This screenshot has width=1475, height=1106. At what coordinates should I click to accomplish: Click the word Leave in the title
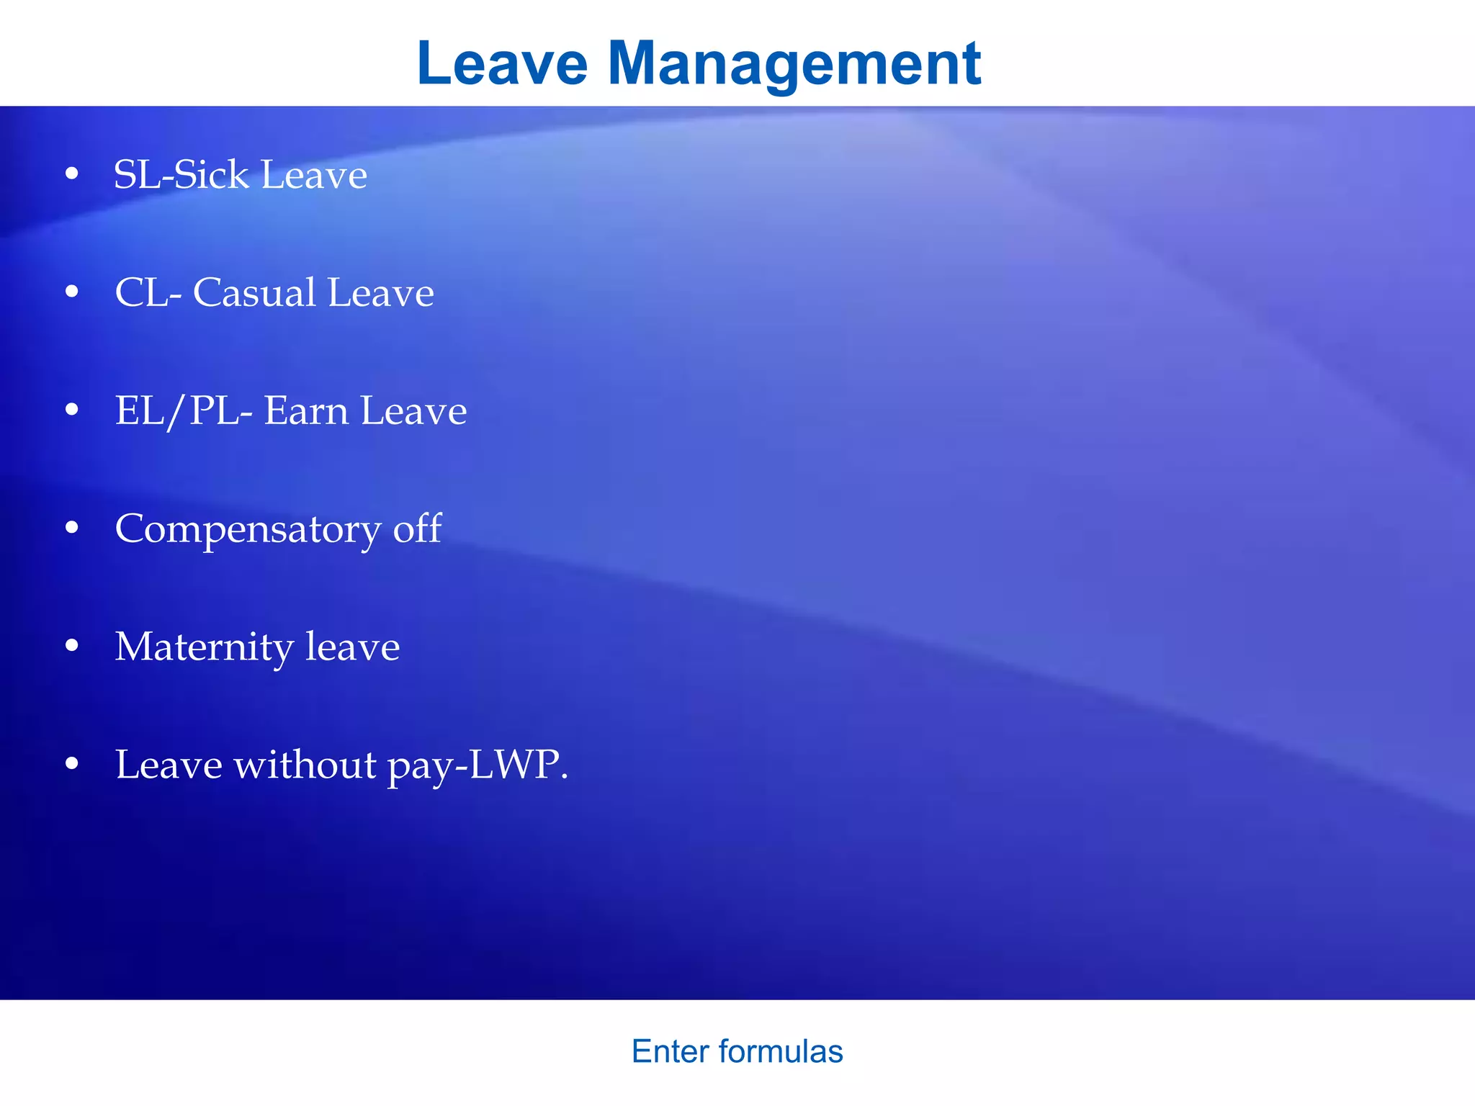pos(502,63)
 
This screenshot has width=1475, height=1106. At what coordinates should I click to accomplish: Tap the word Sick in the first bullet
pos(210,175)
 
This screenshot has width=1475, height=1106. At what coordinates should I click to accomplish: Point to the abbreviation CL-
pos(148,293)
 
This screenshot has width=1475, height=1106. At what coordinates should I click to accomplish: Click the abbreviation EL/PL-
pos(184,411)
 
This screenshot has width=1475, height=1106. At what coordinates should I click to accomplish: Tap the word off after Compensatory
pos(417,529)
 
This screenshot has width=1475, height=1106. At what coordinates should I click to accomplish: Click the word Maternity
pos(204,647)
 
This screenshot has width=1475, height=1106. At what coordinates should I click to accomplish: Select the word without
pos(305,765)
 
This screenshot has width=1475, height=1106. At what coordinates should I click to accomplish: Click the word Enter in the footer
pos(671,1051)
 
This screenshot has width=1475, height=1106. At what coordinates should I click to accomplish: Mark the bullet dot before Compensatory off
pos(71,528)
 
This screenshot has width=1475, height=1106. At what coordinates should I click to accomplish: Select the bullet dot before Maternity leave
pos(71,646)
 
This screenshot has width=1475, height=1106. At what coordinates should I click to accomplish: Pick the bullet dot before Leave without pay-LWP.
pos(71,764)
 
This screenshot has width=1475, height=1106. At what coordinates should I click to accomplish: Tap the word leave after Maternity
pos(352,647)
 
